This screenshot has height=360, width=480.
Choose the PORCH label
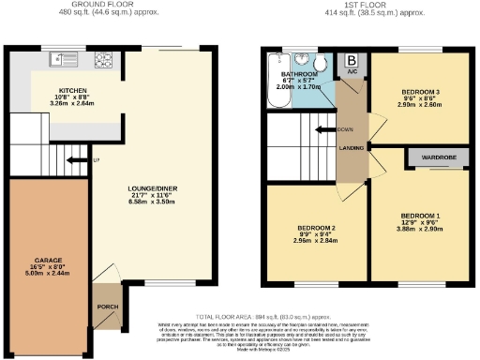[x=106, y=306]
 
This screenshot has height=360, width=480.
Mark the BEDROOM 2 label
[x=316, y=228]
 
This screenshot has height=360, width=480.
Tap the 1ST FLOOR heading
[x=361, y=6]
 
